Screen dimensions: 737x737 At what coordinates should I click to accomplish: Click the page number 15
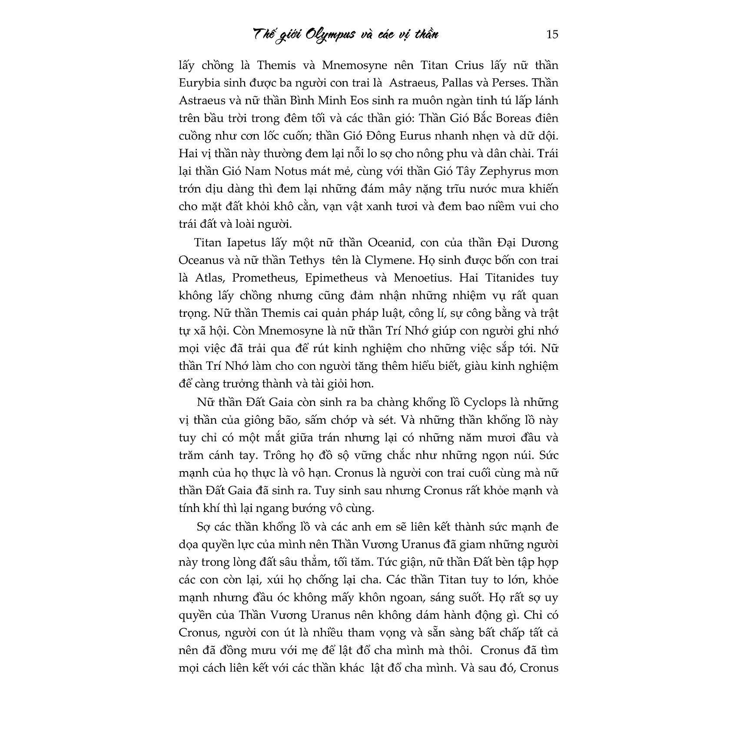coord(552,34)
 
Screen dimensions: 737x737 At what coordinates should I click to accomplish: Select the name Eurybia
coord(199,83)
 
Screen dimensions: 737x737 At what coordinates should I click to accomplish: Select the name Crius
coord(468,65)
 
